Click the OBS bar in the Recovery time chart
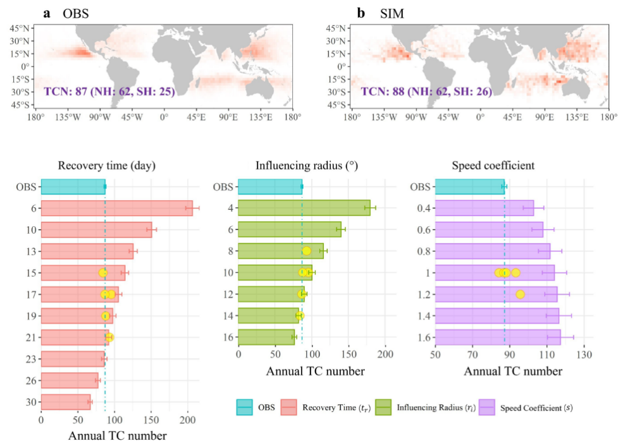[x=73, y=186]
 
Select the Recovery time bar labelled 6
[x=116, y=208]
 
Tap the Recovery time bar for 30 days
[x=66, y=401]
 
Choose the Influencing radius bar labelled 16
[x=266, y=337]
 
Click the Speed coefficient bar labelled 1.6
[x=498, y=337]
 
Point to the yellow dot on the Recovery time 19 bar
[x=106, y=316]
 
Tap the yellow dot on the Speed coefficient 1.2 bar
[x=521, y=294]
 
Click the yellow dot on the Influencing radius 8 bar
[x=307, y=251]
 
